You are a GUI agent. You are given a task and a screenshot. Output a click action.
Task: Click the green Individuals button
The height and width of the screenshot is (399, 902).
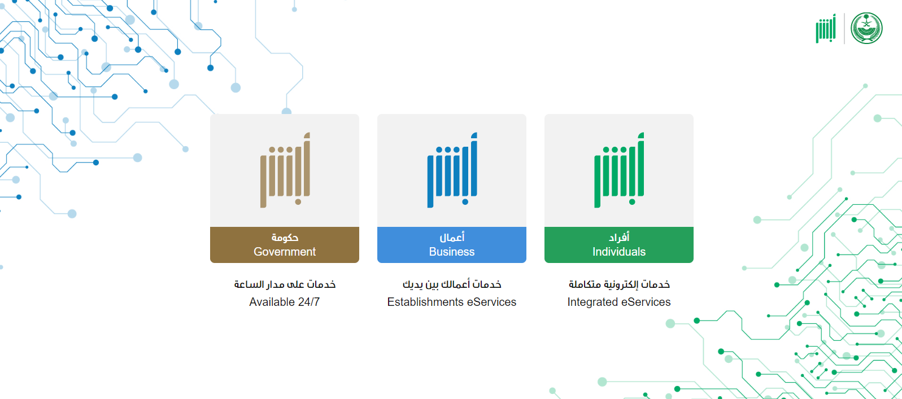pyautogui.click(x=619, y=244)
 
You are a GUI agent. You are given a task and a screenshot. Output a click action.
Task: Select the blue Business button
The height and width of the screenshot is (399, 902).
pyautogui.click(x=452, y=244)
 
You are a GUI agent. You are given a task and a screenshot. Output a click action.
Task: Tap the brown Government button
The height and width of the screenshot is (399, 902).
pyautogui.click(x=285, y=244)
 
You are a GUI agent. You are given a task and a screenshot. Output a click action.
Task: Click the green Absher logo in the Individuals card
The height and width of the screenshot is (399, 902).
pyautogui.click(x=619, y=170)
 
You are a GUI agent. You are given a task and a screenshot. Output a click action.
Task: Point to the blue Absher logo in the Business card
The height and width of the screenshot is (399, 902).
pyautogui.click(x=452, y=170)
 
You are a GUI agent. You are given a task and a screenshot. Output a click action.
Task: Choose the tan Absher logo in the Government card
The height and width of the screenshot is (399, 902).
pyautogui.click(x=285, y=170)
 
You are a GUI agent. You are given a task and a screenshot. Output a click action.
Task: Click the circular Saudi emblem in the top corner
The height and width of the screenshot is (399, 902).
pyautogui.click(x=866, y=28)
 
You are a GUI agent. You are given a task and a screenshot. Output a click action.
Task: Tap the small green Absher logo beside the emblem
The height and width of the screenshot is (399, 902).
pyautogui.click(x=826, y=28)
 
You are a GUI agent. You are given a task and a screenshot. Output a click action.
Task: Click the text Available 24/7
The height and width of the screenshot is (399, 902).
pyautogui.click(x=284, y=302)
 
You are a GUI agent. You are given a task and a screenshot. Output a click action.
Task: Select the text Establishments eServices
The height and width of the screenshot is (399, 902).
pyautogui.click(x=452, y=302)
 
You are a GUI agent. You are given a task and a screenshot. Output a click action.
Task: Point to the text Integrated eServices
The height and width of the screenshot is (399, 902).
pyautogui.click(x=619, y=302)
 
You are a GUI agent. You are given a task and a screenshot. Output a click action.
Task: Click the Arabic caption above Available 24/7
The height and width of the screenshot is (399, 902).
pyautogui.click(x=285, y=284)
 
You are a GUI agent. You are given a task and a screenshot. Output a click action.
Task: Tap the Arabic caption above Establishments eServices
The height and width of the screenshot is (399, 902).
pyautogui.click(x=452, y=284)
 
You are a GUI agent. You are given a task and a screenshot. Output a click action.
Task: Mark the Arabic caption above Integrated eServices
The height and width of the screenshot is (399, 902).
pyautogui.click(x=619, y=284)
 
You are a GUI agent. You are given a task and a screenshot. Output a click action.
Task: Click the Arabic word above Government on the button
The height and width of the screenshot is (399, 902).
pyautogui.click(x=285, y=238)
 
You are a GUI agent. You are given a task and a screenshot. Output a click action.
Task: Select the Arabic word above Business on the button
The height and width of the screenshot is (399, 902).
pyautogui.click(x=452, y=237)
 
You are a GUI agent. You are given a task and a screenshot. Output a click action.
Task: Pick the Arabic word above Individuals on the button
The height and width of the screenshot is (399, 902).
pyautogui.click(x=619, y=237)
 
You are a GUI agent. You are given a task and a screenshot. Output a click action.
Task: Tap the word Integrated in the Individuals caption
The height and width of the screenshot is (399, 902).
pyautogui.click(x=592, y=302)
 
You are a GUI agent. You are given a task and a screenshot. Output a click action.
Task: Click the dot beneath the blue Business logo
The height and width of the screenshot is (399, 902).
pyautogui.click(x=465, y=202)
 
